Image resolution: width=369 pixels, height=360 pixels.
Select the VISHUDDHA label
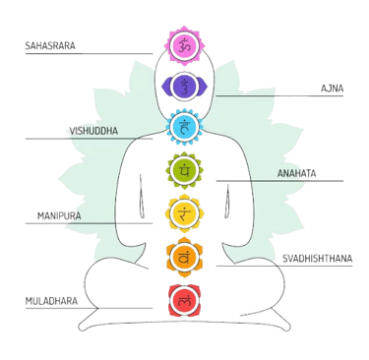(89, 130)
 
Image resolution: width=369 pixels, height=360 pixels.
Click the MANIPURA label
(58, 213)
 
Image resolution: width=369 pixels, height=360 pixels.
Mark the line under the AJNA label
(276, 95)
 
